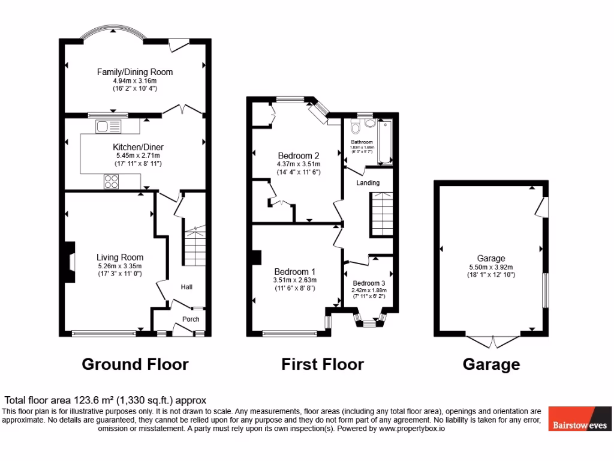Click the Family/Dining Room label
point(135,72)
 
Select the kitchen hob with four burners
point(112,181)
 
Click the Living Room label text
point(121,257)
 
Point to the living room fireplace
point(71,262)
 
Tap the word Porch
point(191,319)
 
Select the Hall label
point(186,288)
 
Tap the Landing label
point(368,182)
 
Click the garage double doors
point(492,340)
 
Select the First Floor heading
point(323,364)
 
